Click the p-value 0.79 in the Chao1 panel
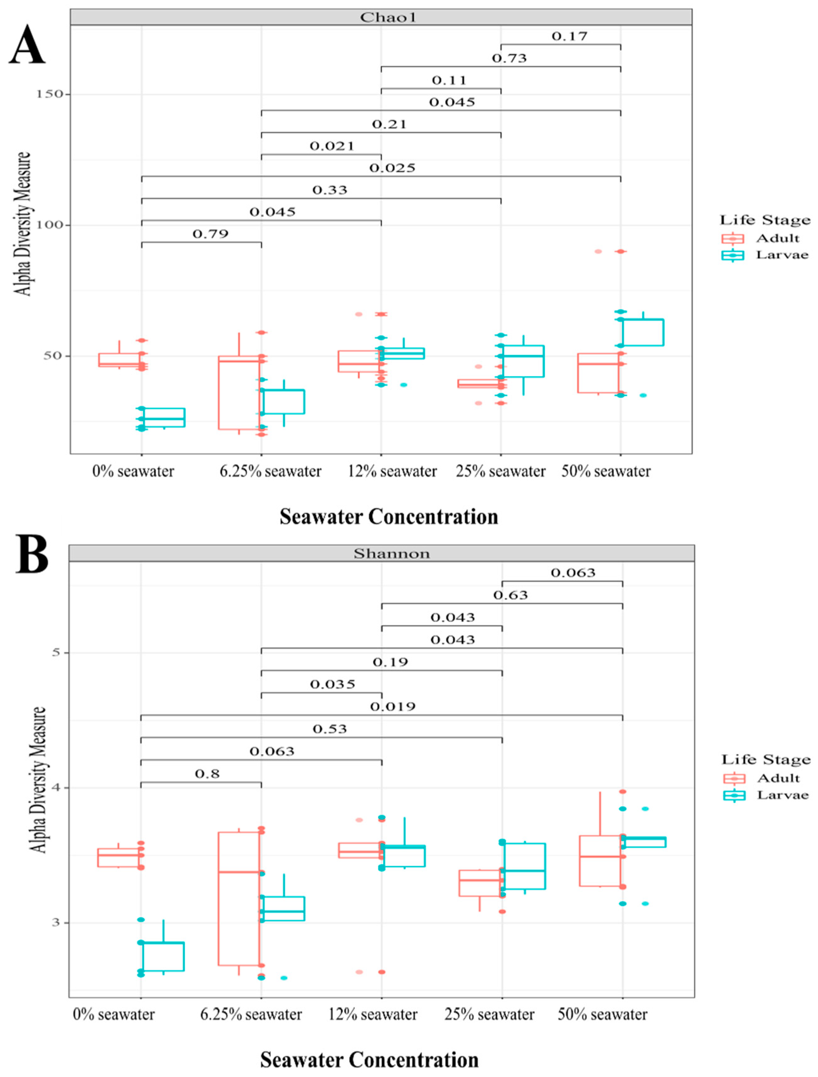tap(210, 234)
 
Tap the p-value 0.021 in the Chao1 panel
tap(332, 146)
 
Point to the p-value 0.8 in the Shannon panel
tap(208, 774)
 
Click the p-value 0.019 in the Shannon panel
tap(393, 706)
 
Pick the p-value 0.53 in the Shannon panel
tap(330, 729)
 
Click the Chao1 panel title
tap(381, 18)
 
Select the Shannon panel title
tap(392, 554)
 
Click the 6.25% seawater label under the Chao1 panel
tap(270, 471)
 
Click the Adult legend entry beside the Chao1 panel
tap(777, 238)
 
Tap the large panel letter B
tap(32, 554)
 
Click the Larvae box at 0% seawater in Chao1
tap(164, 417)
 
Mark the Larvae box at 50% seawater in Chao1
tap(643, 333)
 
